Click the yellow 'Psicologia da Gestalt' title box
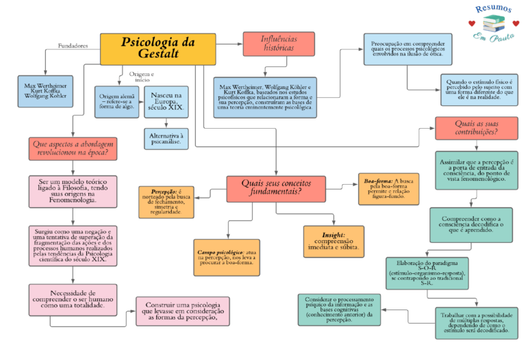[158, 48]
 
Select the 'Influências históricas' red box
[279, 44]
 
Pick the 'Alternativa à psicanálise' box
[166, 140]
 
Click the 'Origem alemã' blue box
[116, 101]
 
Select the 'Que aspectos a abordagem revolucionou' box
[73, 149]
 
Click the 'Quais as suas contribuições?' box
[476, 128]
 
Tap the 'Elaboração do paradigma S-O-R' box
[426, 272]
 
